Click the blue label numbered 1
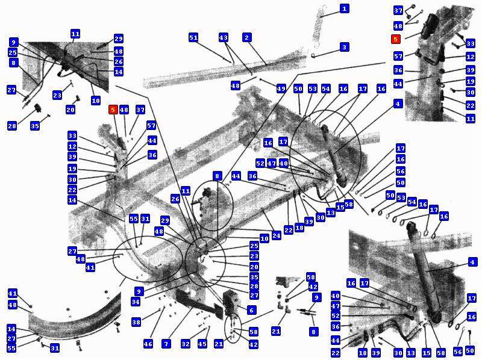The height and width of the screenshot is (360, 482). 345,8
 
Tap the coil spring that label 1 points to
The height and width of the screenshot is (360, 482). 319,28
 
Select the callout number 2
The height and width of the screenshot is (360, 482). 247,38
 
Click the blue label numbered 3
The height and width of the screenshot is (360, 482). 344,47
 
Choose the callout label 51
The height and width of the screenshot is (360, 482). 193,38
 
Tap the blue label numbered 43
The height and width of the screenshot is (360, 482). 224,38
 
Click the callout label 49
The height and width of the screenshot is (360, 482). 281,88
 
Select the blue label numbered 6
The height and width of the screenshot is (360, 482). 251,310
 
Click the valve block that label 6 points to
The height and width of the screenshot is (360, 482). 233,303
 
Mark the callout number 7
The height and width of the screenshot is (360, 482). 166,344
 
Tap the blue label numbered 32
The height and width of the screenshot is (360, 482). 186,344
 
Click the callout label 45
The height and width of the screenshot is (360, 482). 202,344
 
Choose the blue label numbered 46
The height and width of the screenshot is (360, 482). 148,344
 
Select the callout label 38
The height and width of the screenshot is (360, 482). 136,322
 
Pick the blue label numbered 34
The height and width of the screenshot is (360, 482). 136,302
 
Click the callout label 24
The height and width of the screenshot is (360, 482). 277,235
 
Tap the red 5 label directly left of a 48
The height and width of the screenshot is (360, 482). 113,110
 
